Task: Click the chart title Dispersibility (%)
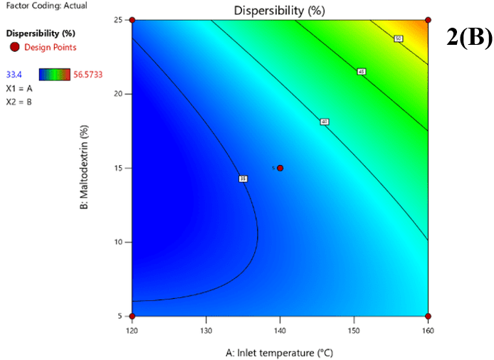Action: (280, 10)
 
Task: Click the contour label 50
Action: (399, 38)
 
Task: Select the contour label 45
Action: (362, 72)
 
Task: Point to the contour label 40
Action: (324, 122)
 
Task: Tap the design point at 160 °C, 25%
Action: (428, 20)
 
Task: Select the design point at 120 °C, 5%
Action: (132, 316)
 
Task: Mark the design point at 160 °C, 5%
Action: (428, 316)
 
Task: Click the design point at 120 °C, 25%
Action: (132, 20)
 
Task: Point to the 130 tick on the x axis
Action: (206, 331)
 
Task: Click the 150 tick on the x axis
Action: (354, 331)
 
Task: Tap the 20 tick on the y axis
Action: (122, 94)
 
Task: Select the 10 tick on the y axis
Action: (122, 242)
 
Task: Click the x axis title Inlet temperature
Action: (280, 352)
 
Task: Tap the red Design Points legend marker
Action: (14, 48)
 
